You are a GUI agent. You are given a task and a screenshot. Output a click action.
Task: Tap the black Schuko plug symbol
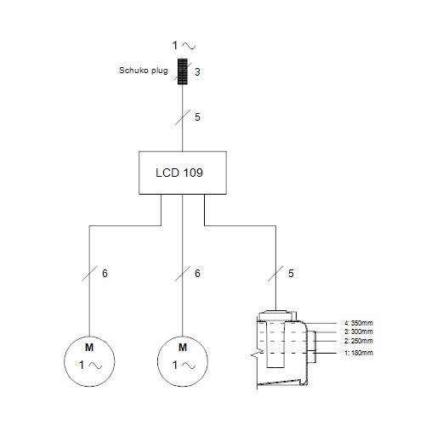tap(183, 71)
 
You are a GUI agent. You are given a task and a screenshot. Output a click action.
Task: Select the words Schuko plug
tap(144, 71)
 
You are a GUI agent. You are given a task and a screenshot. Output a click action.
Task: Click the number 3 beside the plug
tap(197, 72)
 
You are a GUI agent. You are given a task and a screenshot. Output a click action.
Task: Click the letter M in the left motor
tap(89, 348)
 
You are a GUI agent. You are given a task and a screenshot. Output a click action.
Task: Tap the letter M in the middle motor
tap(183, 348)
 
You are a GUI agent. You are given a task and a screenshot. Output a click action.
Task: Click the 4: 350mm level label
tap(359, 323)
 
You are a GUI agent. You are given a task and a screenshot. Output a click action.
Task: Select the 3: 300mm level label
tap(359, 331)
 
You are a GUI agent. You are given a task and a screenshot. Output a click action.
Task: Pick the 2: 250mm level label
tap(359, 341)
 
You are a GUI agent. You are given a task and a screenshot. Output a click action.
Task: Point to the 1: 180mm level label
tap(359, 353)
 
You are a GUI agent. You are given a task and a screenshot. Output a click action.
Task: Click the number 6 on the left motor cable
tap(105, 274)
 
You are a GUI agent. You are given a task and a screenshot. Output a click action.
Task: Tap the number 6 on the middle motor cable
tap(197, 274)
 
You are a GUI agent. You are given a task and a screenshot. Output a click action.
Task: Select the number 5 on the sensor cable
tap(291, 274)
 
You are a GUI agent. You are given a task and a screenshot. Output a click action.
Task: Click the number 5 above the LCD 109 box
tap(197, 117)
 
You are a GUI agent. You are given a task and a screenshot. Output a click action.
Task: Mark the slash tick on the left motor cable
tap(89, 274)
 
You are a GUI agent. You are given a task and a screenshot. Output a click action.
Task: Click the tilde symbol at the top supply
tap(189, 46)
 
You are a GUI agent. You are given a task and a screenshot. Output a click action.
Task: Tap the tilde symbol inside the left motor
tap(95, 365)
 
